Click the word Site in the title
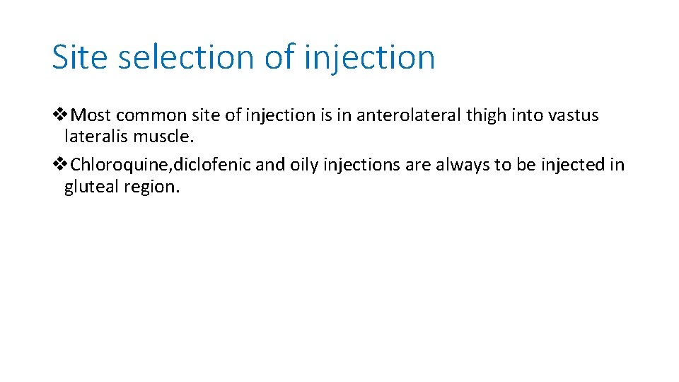tap(79, 57)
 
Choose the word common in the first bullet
tap(150, 115)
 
